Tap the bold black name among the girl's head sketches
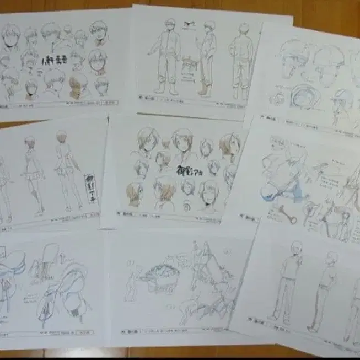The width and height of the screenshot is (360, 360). pos(188,171)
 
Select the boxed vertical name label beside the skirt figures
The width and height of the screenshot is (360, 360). pos(89,188)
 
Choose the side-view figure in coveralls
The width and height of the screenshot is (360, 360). pos(207,58)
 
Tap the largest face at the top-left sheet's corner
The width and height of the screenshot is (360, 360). pos(11,36)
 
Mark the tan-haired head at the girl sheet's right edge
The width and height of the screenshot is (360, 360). pos(230,146)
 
